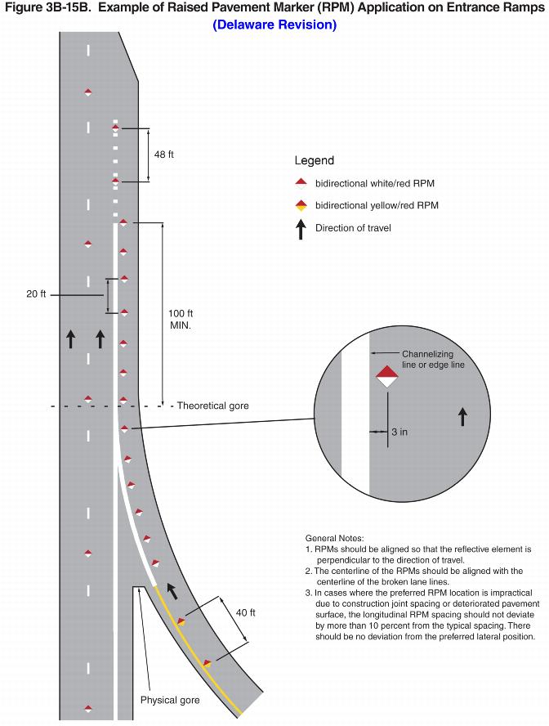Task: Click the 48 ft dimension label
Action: coord(163,155)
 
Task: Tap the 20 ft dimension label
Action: coord(36,294)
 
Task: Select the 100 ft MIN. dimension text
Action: coord(181,320)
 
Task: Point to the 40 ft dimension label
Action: coord(246,612)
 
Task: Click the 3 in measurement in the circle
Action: coord(399,432)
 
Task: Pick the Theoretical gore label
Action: coord(212,406)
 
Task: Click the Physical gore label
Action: coord(170,700)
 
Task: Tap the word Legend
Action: coord(314,161)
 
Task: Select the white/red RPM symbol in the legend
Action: coord(301,183)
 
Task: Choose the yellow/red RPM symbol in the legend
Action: coord(301,205)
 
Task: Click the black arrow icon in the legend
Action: coord(301,229)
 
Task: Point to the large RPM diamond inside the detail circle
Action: coord(387,377)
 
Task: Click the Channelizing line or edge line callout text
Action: coord(433,359)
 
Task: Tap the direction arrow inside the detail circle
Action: coord(462,416)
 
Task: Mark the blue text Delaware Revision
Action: coord(274,25)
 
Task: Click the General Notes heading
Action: coord(334,538)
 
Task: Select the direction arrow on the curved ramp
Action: coord(172,591)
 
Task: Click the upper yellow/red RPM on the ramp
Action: coord(181,622)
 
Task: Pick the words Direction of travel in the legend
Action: coord(353,228)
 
